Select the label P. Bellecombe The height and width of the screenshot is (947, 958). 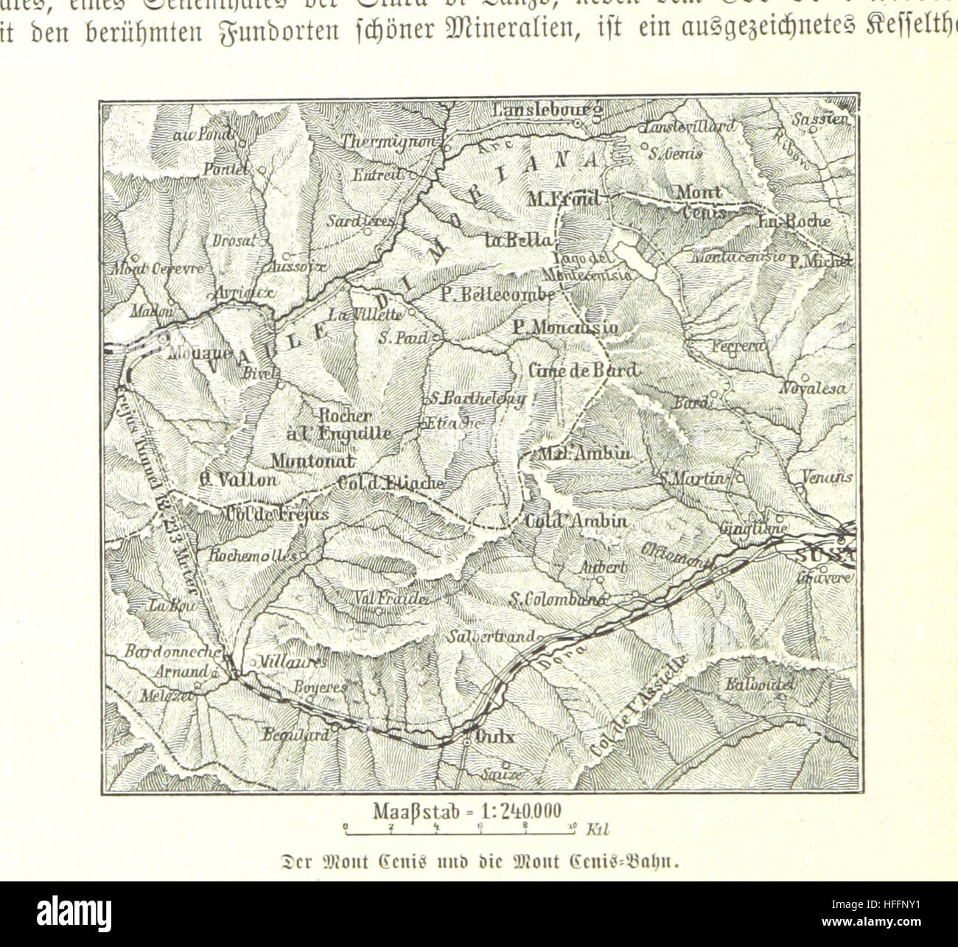497,293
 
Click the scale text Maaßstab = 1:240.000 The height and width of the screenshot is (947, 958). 468,813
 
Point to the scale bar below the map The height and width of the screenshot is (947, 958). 462,831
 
